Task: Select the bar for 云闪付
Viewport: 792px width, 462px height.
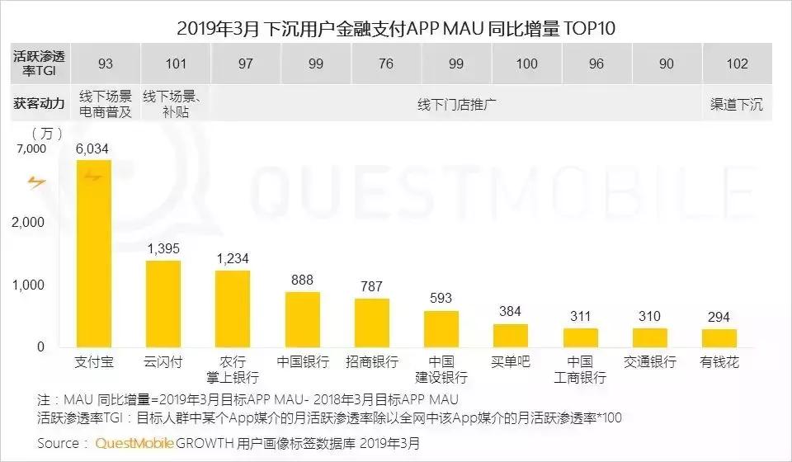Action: click(x=163, y=304)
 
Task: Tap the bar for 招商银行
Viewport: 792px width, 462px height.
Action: click(x=372, y=323)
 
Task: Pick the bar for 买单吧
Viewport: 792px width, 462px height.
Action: click(x=511, y=335)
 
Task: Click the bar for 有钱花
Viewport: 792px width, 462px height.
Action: click(x=719, y=337)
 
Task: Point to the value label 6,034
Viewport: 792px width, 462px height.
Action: click(x=92, y=148)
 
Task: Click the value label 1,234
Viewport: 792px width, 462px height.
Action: click(x=232, y=259)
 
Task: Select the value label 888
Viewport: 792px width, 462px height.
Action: click(x=303, y=280)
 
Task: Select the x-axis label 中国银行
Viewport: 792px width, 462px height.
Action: click(x=303, y=362)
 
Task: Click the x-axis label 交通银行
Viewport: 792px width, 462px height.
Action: click(x=650, y=362)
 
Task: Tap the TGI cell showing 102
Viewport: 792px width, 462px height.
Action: click(x=737, y=64)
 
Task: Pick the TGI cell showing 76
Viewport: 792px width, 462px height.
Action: click(x=386, y=64)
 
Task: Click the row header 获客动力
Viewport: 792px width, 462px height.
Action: click(x=38, y=105)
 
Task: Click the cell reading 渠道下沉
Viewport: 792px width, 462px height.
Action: click(x=737, y=105)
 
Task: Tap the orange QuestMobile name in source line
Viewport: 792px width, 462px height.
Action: click(x=134, y=443)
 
